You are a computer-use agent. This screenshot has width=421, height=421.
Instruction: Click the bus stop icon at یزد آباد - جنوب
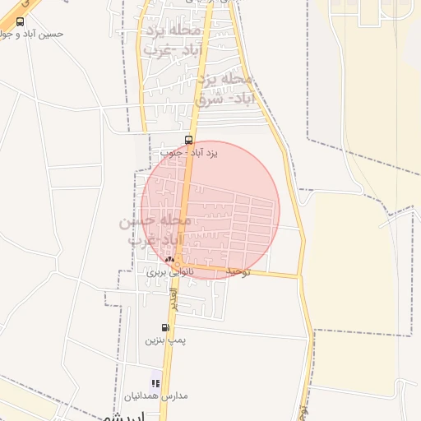(x=189, y=140)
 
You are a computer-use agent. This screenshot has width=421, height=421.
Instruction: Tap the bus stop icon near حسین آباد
(x=20, y=22)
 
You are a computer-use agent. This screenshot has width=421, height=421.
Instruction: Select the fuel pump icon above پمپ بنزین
(x=165, y=327)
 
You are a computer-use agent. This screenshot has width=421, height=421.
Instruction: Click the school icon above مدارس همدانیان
(x=155, y=382)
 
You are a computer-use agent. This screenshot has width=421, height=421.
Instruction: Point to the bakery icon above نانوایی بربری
(x=169, y=259)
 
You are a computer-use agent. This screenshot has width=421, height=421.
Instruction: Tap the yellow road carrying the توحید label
(x=271, y=273)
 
